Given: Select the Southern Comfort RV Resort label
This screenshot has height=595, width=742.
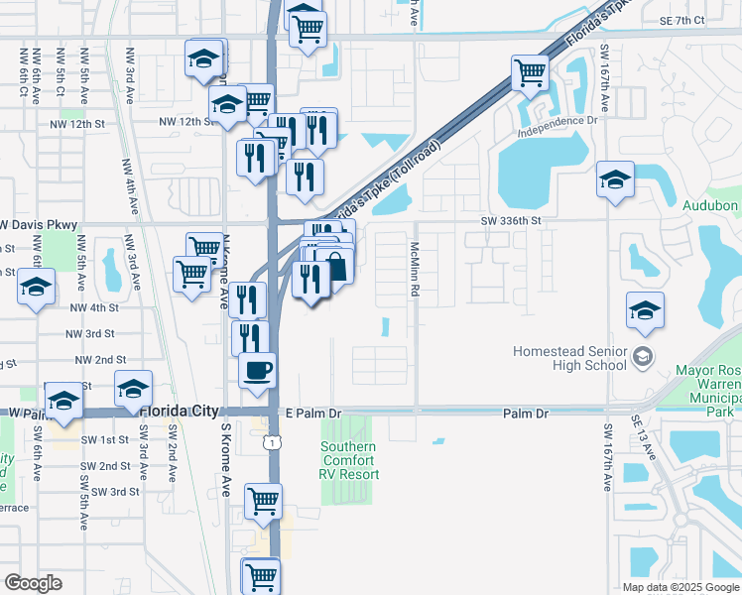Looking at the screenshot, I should [x=348, y=460].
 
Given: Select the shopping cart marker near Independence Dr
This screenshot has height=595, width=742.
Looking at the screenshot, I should [x=531, y=72].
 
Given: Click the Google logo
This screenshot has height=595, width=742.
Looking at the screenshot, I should [x=33, y=582].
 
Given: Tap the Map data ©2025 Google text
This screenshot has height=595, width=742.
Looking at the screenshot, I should [x=680, y=586].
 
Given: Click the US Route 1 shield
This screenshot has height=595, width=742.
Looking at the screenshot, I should [x=271, y=442].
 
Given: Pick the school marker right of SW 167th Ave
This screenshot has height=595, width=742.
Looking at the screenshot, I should [x=616, y=180].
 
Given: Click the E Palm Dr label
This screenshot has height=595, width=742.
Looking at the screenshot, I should [x=312, y=413].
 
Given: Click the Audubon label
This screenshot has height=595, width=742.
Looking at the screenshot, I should [x=711, y=205].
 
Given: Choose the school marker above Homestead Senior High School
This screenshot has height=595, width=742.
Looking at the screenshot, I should [x=646, y=310].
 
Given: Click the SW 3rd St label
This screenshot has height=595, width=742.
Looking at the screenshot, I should [x=115, y=491].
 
